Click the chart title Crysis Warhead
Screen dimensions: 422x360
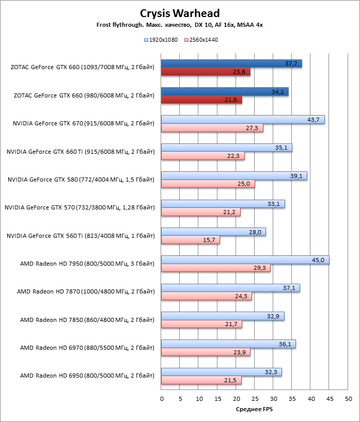point(180,13)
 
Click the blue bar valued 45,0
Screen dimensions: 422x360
point(245,260)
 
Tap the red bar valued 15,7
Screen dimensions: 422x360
point(190,240)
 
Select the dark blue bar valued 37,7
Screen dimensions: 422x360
point(231,63)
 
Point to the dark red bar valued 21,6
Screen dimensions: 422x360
point(201,100)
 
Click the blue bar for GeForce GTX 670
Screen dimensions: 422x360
point(243,120)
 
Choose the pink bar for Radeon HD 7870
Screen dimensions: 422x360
point(206,296)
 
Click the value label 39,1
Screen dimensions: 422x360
point(296,176)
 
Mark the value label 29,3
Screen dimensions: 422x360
point(260,268)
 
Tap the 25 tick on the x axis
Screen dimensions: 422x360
point(255,399)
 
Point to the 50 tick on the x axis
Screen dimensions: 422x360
point(349,399)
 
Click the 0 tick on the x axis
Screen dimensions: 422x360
point(162,399)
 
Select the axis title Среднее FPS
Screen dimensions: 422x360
point(255,409)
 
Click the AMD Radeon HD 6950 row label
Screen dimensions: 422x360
point(86,376)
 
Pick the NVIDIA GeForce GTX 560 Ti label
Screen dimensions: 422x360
point(80,236)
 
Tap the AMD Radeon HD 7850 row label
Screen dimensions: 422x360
point(86,320)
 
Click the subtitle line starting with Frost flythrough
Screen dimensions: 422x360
point(180,25)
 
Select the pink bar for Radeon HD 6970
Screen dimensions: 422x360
point(206,352)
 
